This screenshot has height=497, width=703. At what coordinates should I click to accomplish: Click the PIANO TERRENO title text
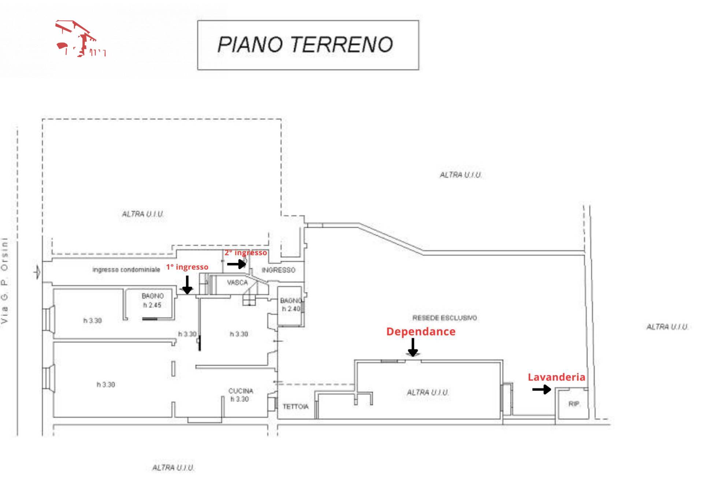[305, 45]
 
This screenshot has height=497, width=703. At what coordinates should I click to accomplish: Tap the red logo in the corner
[80, 39]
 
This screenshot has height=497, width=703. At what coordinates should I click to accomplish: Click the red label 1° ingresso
[187, 267]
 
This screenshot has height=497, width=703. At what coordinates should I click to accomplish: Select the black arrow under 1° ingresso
[187, 286]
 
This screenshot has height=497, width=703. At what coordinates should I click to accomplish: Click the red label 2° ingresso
[246, 253]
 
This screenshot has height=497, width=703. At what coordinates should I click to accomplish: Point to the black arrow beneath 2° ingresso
[237, 264]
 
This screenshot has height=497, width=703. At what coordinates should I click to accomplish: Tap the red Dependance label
[421, 331]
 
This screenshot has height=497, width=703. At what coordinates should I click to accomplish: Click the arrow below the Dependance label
[413, 348]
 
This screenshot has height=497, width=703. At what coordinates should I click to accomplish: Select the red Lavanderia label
[556, 377]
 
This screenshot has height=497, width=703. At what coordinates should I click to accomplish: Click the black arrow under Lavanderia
[542, 389]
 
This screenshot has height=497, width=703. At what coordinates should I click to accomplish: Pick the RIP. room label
[574, 404]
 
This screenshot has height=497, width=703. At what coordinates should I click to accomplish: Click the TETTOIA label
[295, 407]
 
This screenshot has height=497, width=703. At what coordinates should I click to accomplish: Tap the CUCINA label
[241, 391]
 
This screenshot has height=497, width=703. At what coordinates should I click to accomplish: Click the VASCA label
[237, 283]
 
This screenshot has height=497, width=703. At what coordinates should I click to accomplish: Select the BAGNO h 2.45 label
[152, 300]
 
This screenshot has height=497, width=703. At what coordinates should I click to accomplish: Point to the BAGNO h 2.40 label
[291, 305]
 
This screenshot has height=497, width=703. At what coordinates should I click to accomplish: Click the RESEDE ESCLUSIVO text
[445, 318]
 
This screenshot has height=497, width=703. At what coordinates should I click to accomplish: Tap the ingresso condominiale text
[126, 270]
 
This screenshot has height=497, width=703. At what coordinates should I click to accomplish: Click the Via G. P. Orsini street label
[4, 280]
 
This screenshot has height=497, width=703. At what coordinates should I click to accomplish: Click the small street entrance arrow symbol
[37, 272]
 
